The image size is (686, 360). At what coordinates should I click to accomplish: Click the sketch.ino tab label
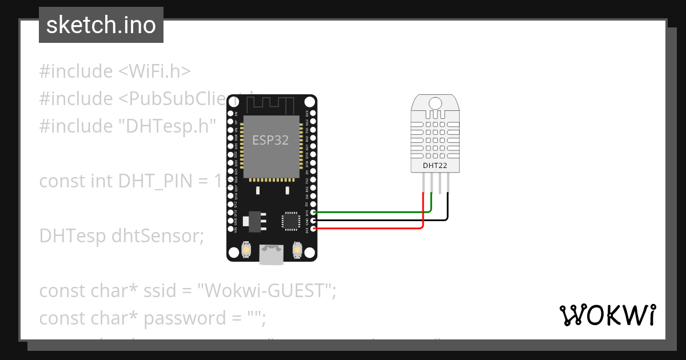pos(101,25)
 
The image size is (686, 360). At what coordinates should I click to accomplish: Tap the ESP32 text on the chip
pos(270,139)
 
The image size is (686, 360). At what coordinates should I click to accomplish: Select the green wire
pos(372,212)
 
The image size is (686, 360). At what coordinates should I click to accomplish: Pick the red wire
pos(372,229)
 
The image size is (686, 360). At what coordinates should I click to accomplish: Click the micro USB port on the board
pos(272,254)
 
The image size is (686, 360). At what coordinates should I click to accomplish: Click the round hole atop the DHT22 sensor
pos(435,103)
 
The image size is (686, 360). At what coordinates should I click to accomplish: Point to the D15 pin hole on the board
pos(313,212)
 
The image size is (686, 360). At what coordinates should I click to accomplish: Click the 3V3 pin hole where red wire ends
pos(313,229)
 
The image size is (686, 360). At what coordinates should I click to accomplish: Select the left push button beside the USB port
pos(246,250)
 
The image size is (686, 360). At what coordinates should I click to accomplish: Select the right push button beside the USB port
pos(297,250)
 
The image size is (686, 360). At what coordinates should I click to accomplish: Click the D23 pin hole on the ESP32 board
pos(313,114)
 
